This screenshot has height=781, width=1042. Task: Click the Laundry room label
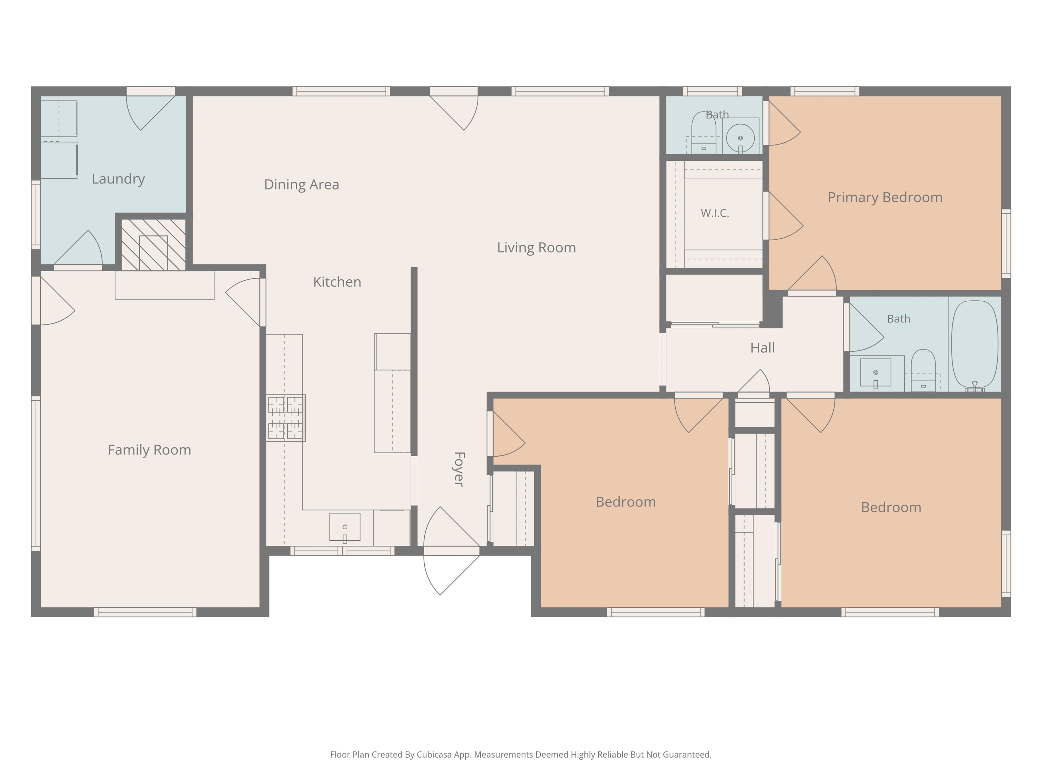click(x=118, y=179)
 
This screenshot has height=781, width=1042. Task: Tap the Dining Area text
click(x=302, y=184)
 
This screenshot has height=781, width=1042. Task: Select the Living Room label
click(x=537, y=248)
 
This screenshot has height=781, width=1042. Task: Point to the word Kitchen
click(x=337, y=282)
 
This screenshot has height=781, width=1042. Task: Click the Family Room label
click(x=149, y=450)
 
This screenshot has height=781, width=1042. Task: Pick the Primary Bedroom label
click(x=885, y=198)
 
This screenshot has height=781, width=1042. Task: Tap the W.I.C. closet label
click(x=715, y=213)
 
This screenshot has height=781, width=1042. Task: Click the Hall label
click(x=763, y=348)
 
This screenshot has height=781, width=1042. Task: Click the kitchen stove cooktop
click(x=286, y=418)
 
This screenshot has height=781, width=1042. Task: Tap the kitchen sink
click(x=345, y=527)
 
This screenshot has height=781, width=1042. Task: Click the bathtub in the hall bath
click(x=975, y=345)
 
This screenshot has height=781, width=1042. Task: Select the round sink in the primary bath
click(x=740, y=138)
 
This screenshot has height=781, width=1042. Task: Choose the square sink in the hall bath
click(x=876, y=373)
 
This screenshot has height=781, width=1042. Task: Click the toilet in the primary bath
click(x=704, y=133)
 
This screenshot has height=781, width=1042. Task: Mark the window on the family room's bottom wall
click(x=145, y=612)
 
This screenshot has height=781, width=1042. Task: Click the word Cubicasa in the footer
click(x=434, y=755)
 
